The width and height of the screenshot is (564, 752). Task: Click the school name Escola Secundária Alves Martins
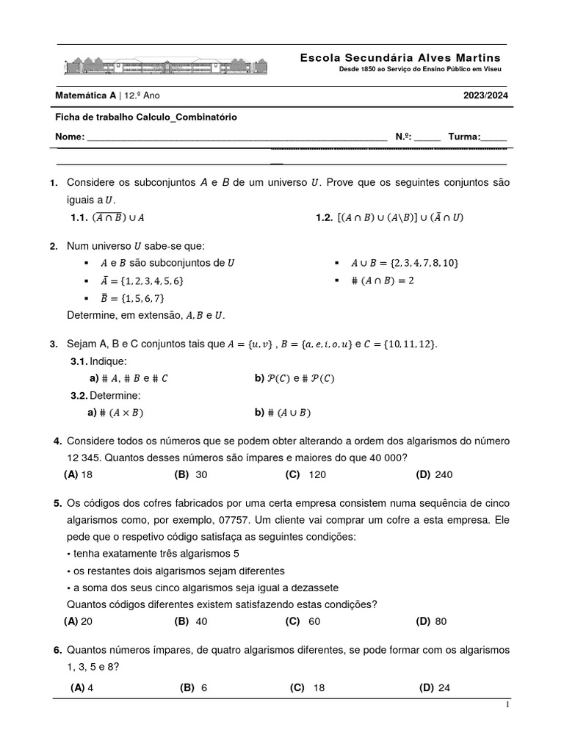(400, 57)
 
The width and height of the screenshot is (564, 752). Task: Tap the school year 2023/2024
(485, 95)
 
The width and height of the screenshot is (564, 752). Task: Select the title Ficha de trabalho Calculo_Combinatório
(146, 117)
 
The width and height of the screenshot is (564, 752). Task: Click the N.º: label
(404, 137)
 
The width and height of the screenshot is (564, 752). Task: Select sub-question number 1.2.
(324, 217)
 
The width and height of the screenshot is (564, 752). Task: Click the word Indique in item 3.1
(109, 361)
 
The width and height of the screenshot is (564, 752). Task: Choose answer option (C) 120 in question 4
(305, 475)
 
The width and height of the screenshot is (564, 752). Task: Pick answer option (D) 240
(434, 475)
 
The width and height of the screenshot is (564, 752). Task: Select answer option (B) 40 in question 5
(191, 621)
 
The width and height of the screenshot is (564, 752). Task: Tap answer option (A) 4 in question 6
(82, 688)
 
